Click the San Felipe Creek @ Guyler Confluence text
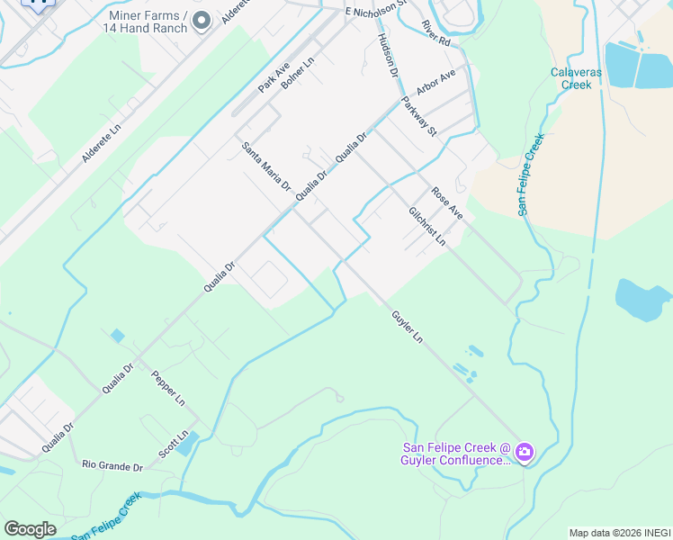click(457, 454)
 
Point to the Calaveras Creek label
click(571, 78)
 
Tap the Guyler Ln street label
click(407, 326)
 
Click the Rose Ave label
click(446, 203)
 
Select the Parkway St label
click(419, 117)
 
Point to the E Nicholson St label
click(381, 12)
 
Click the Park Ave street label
click(274, 78)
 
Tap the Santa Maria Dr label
click(265, 166)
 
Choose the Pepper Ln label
click(168, 388)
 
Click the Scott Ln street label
click(174, 442)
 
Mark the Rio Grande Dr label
click(112, 466)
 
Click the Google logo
click(30, 529)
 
